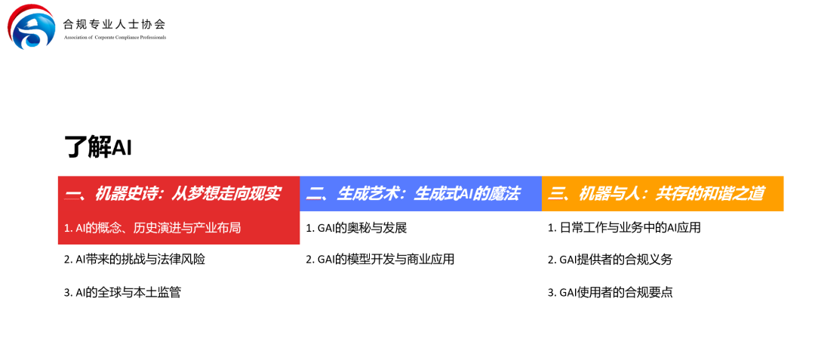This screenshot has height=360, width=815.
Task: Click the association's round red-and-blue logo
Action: point(31,26)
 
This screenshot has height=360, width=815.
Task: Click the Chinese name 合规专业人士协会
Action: point(114,23)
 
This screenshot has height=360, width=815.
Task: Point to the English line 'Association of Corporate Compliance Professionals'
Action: point(114,37)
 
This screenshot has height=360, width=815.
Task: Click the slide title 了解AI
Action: point(98,147)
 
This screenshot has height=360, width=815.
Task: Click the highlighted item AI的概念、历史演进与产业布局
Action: point(152,227)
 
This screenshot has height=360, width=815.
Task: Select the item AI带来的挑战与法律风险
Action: point(134,259)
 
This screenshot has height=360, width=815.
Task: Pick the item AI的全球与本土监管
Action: point(122,292)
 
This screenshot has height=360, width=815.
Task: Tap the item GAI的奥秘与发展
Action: point(356,227)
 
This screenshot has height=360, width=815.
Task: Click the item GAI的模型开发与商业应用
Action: point(380,259)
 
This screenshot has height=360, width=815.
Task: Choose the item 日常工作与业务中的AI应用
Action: point(624,227)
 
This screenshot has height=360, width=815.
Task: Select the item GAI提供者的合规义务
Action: point(610,259)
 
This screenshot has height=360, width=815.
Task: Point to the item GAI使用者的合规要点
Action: point(610,292)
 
